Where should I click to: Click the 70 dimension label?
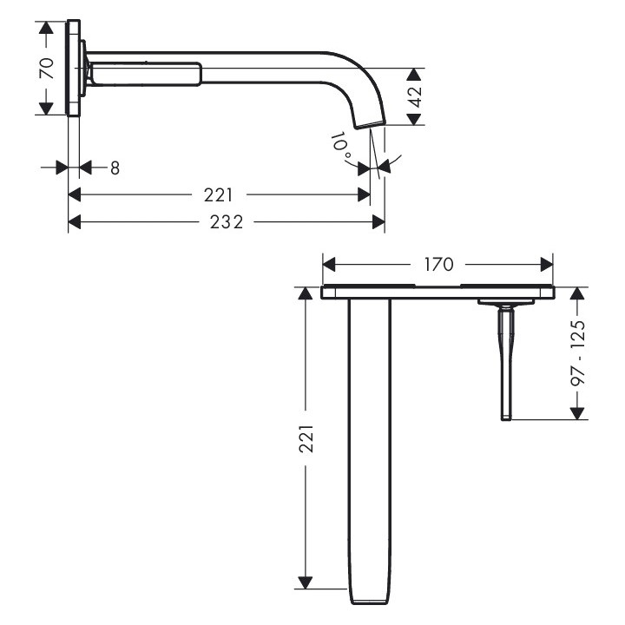pos(48,69)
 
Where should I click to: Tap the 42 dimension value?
pos(416,97)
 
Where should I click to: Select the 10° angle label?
pos(341,146)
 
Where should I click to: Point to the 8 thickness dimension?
pos(115,168)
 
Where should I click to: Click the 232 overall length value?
pos(227,222)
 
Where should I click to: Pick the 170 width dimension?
pos(438,264)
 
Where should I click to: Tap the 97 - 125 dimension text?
pos(578,352)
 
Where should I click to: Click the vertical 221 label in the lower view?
pos(306,439)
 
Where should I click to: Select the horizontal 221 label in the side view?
pos(218,195)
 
